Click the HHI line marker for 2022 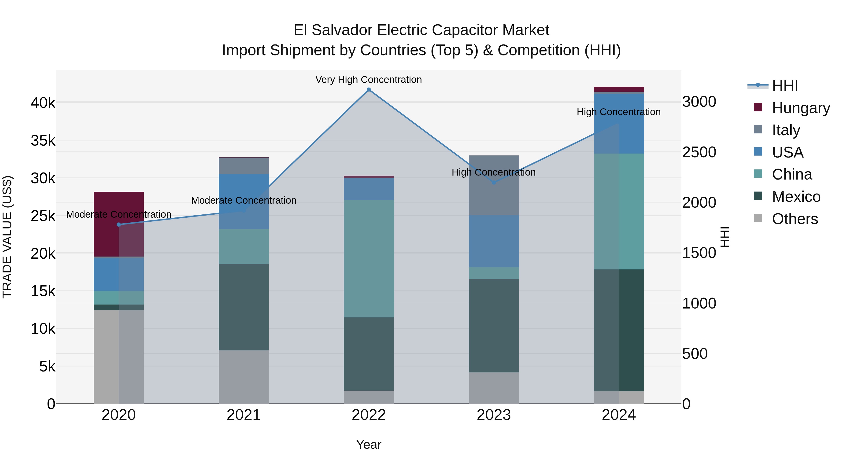pyautogui.click(x=369, y=90)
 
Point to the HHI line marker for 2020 pyautogui.click(x=119, y=224)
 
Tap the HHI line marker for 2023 pyautogui.click(x=494, y=183)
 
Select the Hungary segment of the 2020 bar pyautogui.click(x=119, y=224)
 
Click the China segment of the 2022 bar pyautogui.click(x=369, y=258)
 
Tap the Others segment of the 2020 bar pyautogui.click(x=119, y=356)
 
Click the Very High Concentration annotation pyautogui.click(x=369, y=80)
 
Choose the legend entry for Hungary pyautogui.click(x=800, y=108)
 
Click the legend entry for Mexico pyautogui.click(x=796, y=197)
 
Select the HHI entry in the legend pyautogui.click(x=785, y=86)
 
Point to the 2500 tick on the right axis pyautogui.click(x=699, y=152)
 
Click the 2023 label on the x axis pyautogui.click(x=494, y=415)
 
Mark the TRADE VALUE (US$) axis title pyautogui.click(x=7, y=237)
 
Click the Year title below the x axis pyautogui.click(x=369, y=445)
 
